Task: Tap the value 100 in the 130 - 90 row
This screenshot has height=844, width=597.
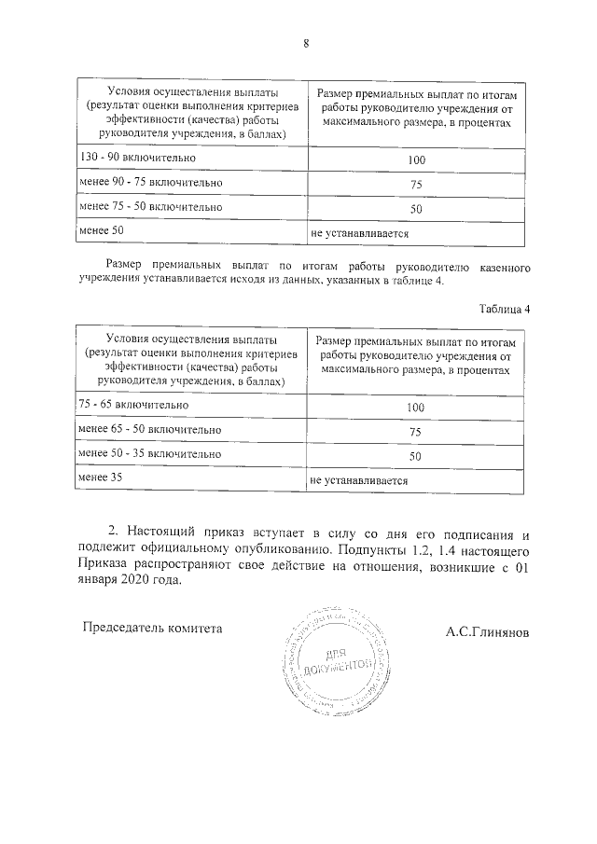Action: point(416,160)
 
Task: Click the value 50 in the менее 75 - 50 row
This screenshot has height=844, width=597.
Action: point(416,209)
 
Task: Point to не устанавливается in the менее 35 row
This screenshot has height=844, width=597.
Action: point(361,481)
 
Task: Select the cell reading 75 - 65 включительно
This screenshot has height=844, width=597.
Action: point(134,406)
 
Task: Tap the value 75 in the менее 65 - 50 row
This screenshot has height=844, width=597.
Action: point(416,433)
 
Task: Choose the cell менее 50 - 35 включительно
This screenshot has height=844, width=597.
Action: point(150,454)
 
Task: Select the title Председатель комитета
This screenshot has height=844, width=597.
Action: point(154,629)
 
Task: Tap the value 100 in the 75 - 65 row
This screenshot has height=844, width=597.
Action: point(416,408)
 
